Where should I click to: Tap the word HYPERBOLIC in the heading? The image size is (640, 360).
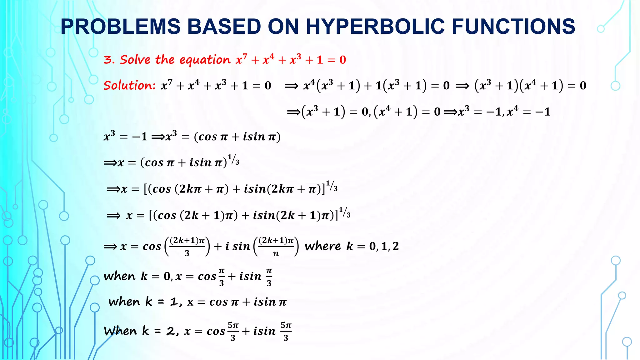click(x=375, y=26)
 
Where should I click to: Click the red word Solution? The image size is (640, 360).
click(x=129, y=85)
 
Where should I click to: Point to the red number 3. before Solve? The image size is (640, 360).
click(x=109, y=59)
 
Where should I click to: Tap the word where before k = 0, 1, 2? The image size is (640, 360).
click(x=322, y=246)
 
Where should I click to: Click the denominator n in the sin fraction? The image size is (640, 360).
click(x=276, y=253)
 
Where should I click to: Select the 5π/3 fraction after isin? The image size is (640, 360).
click(x=286, y=331)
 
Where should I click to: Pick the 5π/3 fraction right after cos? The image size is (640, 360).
click(x=233, y=331)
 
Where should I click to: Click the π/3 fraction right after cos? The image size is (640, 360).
click(x=222, y=277)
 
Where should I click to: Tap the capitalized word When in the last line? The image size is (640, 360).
click(x=120, y=331)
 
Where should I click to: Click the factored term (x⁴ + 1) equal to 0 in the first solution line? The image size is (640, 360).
click(x=541, y=85)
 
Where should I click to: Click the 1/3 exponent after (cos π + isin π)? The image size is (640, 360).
click(x=233, y=160)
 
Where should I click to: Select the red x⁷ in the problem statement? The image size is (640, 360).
click(x=241, y=59)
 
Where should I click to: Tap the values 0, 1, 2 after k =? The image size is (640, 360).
click(x=384, y=246)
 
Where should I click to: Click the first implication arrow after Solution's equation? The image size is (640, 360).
click(x=291, y=86)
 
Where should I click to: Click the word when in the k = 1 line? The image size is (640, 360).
click(x=124, y=302)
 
